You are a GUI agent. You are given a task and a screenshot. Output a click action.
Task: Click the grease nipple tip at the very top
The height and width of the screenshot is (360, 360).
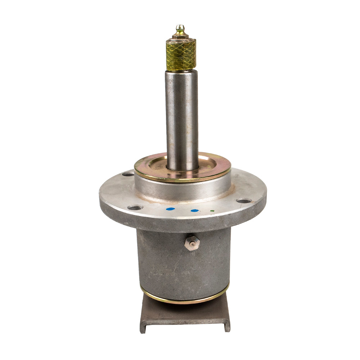180,27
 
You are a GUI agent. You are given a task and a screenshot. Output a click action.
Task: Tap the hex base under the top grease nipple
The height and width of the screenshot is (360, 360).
180,36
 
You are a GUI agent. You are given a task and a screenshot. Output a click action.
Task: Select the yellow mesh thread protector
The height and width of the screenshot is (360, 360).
181,54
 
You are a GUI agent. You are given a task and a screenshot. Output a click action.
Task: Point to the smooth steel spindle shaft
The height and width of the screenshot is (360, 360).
182,119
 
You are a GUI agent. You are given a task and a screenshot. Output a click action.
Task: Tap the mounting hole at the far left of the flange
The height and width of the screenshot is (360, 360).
128,174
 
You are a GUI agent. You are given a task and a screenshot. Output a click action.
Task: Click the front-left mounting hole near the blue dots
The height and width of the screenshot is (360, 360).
136,207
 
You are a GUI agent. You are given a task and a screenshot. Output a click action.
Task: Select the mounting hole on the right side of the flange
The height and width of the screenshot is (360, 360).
244,201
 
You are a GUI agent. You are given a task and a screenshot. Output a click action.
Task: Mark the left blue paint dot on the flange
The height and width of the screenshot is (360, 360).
171,209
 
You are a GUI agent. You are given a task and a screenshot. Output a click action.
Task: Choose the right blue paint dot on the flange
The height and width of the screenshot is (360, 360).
194,211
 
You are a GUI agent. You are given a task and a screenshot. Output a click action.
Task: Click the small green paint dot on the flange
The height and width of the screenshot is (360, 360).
212,211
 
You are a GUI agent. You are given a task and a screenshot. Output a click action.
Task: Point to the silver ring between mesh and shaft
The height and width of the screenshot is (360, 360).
181,71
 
